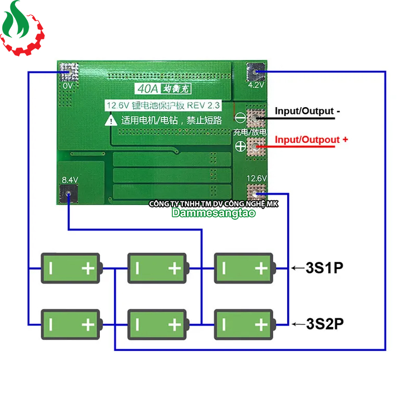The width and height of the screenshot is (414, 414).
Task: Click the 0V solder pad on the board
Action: pyautogui.click(x=69, y=70)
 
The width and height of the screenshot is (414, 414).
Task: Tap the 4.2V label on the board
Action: pyautogui.click(x=257, y=85)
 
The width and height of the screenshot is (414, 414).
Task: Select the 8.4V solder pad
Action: pyautogui.click(x=69, y=194)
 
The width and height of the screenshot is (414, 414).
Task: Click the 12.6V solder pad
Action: pyautogui.click(x=256, y=193)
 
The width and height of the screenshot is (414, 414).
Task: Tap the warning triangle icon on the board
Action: pyautogui.click(x=111, y=121)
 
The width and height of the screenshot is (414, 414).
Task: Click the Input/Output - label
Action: pyautogui.click(x=307, y=111)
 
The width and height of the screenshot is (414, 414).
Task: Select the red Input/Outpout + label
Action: pyautogui.click(x=312, y=140)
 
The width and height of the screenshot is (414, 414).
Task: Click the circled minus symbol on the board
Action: pyautogui.click(x=240, y=117)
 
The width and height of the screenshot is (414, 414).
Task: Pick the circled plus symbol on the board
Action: pyautogui.click(x=240, y=146)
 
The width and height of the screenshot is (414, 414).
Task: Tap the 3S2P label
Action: pyautogui.click(x=324, y=324)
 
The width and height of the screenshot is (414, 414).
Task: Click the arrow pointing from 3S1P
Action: pyautogui.click(x=297, y=268)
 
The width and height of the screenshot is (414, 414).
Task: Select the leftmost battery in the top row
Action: pyautogui.click(x=71, y=268)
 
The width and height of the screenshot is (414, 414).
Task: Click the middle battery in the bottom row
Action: pyautogui.click(x=157, y=324)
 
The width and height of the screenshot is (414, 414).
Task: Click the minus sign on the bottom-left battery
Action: pyautogui.click(x=52, y=324)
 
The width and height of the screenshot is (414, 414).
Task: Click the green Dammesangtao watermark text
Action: pyautogui.click(x=213, y=213)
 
